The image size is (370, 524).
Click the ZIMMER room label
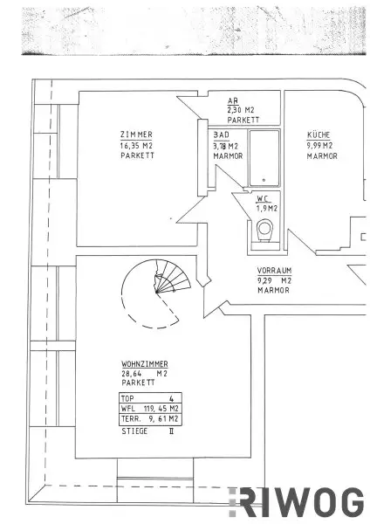tap(135, 134)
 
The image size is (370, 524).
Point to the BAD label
tap(222, 135)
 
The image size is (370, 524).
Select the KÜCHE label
tap(319, 135)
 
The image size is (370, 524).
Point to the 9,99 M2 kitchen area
tap(321, 145)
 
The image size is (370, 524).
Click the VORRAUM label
tap(273, 271)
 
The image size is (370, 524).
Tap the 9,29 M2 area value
tap(273, 280)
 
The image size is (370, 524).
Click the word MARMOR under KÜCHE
tap(322, 155)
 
